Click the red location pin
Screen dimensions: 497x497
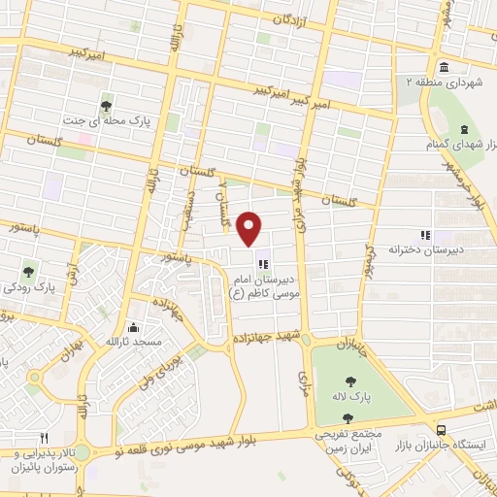250,228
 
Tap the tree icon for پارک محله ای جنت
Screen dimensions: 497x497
107,106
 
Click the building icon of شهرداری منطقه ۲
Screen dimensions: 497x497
443,67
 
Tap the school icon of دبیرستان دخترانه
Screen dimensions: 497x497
423,234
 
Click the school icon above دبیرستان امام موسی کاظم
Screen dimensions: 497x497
260,261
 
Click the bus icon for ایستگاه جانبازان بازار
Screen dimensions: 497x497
442,429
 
